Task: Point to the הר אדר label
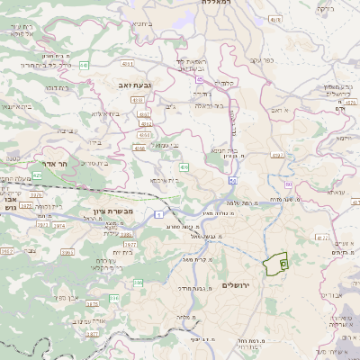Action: (x=56, y=164)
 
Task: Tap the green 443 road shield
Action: (x=85, y=65)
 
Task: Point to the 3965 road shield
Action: (x=7, y=251)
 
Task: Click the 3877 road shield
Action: (x=92, y=303)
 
